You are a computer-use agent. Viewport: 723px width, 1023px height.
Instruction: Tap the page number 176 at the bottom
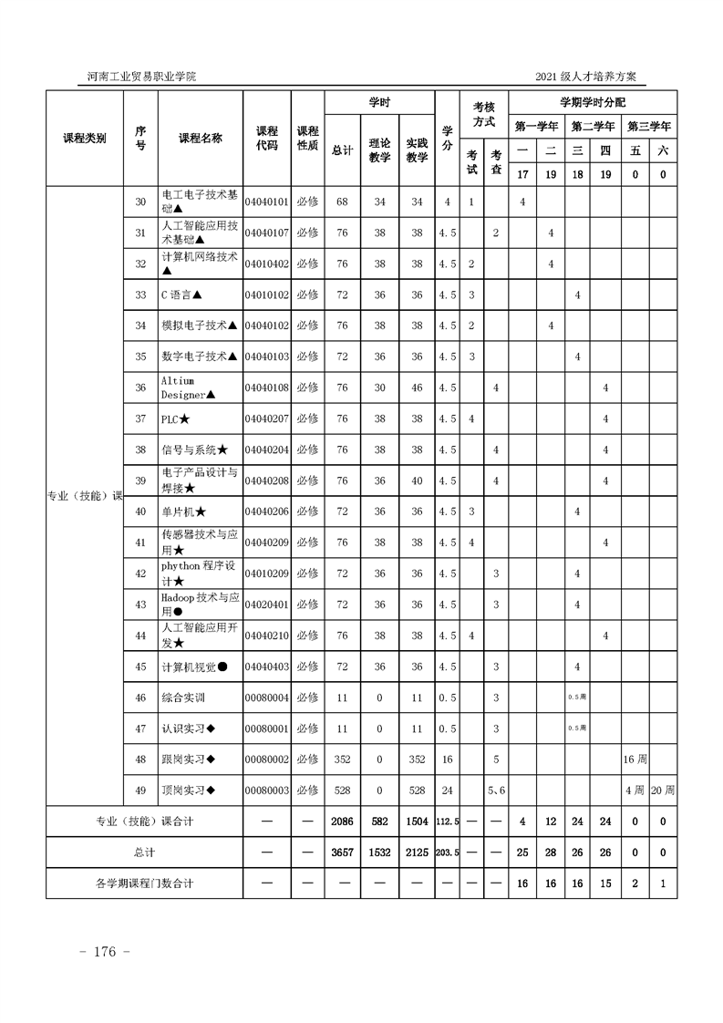(107, 952)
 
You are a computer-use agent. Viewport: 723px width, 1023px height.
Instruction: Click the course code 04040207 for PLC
(266, 418)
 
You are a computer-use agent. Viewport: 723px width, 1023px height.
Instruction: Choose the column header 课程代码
(266, 138)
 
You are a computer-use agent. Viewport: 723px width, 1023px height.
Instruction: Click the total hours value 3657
(343, 852)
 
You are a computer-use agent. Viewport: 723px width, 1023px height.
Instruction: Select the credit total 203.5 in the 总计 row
(447, 852)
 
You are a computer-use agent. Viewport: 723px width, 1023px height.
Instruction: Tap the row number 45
(140, 666)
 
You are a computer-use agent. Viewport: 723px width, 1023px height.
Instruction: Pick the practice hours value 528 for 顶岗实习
(417, 790)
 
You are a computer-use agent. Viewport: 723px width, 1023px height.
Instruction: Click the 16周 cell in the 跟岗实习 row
(635, 759)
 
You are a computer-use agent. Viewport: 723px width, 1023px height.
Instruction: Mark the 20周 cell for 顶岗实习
(663, 790)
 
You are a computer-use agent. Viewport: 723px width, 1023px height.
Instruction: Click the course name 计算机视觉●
(194, 666)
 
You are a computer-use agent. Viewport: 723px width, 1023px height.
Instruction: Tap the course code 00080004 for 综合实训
(266, 697)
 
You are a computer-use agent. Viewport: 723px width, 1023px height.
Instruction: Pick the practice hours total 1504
(417, 821)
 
